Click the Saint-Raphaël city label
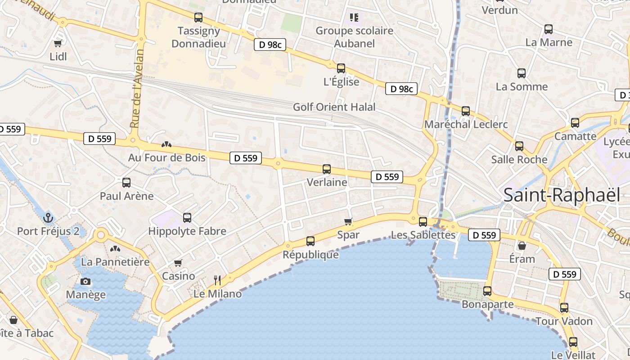click(x=562, y=195)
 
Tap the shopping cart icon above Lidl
click(x=58, y=43)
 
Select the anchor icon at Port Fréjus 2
click(x=48, y=218)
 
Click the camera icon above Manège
click(x=85, y=282)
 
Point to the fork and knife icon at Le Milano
click(x=217, y=280)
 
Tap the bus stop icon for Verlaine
click(x=327, y=169)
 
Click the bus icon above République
click(x=310, y=241)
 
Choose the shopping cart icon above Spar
click(x=348, y=221)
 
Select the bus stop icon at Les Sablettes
click(x=423, y=221)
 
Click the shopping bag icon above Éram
click(x=522, y=246)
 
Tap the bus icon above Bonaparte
click(x=487, y=291)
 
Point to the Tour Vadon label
click(x=564, y=321)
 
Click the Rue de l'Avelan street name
click(x=137, y=88)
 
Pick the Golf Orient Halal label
click(x=334, y=107)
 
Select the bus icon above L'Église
click(x=341, y=68)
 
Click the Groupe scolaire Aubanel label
click(x=354, y=37)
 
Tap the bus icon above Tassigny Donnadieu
click(x=198, y=18)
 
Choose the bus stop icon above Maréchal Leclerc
click(x=466, y=111)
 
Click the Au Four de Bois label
click(x=166, y=157)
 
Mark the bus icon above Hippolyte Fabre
click(x=187, y=218)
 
